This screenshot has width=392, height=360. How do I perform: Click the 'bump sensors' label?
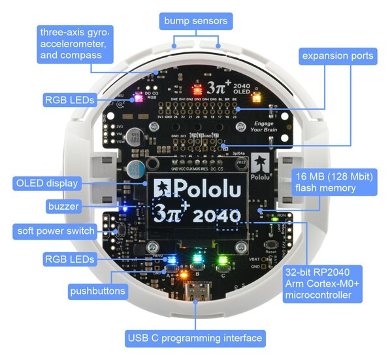coord(195,22)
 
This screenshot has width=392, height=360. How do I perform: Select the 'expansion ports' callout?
coord(338,56)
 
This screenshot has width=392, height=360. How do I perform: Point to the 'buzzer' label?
coord(63,206)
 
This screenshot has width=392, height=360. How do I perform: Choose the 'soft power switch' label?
coord(56,231)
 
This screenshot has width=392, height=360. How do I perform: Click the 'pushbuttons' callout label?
coord(98,291)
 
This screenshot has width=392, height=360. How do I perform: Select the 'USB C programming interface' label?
coord(195,338)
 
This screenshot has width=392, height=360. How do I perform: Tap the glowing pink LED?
coord(138,97)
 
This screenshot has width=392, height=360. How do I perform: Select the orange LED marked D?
coord(255,95)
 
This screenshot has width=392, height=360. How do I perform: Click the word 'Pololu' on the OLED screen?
coord(199,188)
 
